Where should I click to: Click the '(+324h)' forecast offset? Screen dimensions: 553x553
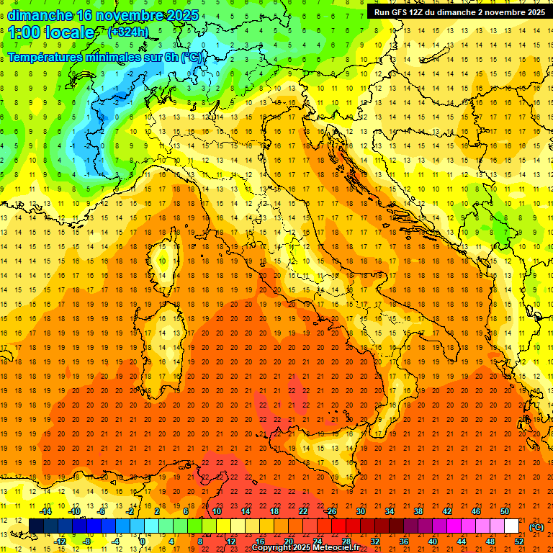coord(128,32)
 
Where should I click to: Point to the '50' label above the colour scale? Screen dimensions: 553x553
coord(505,511)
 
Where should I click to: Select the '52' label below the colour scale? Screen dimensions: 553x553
coord(519,541)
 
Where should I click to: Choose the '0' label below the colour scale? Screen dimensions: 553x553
coord(143,541)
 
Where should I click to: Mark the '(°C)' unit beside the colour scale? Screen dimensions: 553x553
coord(536,526)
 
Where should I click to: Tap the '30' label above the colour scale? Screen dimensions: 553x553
coord(360,511)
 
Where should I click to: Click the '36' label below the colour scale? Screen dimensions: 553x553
coord(404,541)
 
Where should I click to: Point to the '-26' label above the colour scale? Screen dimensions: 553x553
coord(331,511)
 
